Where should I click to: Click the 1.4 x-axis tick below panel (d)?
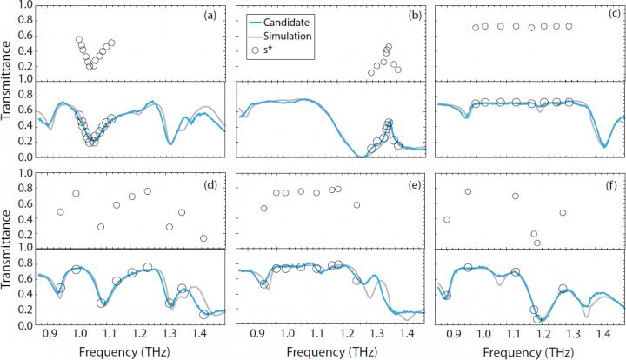tap(198, 332)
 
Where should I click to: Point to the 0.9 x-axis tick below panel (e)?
tap(257, 332)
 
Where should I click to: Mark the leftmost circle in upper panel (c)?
tap(475, 28)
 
